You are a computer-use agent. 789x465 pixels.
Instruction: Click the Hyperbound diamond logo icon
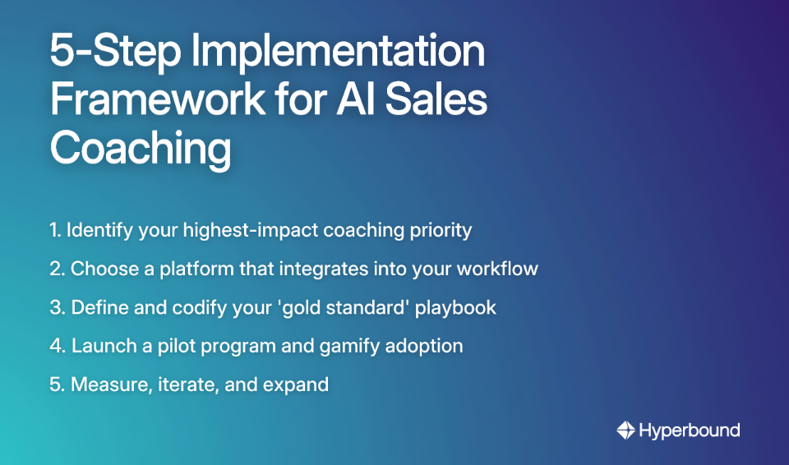click(x=625, y=430)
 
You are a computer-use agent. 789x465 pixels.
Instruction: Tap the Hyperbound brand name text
click(x=689, y=430)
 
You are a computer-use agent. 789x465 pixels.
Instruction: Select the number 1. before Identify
click(x=55, y=230)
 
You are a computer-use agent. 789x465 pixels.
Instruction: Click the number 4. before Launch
click(x=57, y=346)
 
